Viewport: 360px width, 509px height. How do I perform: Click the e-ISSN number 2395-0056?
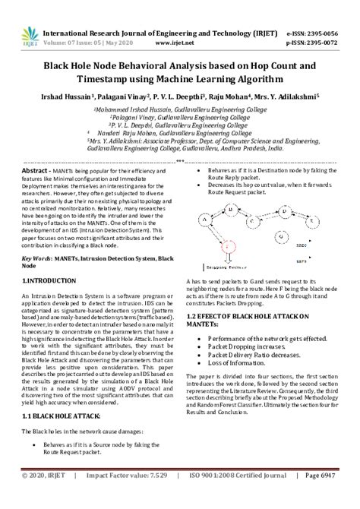(x=330, y=33)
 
